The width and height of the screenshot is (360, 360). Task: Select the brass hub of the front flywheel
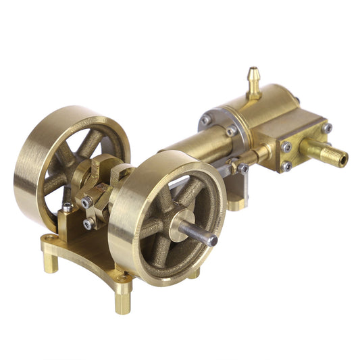coord(182,225)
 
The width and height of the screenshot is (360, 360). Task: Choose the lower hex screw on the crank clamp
coord(89,223)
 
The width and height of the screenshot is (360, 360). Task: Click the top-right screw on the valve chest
coord(327,128)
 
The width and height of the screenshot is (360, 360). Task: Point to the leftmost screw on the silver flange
coord(205,120)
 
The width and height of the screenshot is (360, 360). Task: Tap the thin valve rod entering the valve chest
coord(260,157)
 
